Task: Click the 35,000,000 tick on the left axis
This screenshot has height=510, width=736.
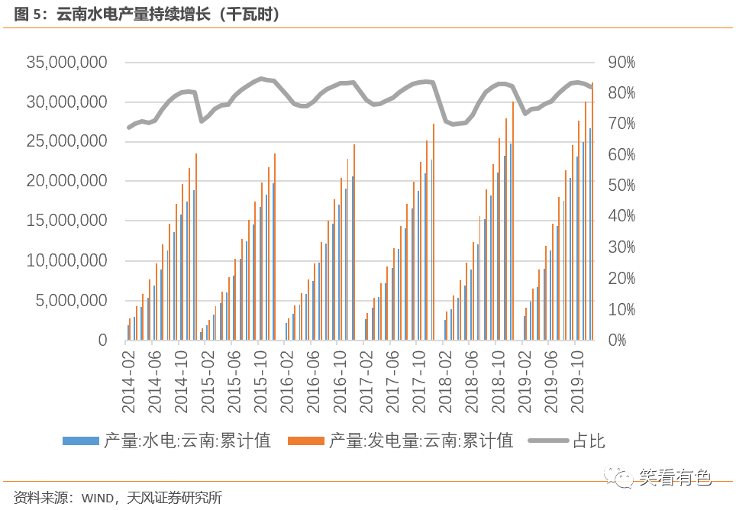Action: [67, 63]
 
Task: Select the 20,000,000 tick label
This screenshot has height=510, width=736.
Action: [67, 182]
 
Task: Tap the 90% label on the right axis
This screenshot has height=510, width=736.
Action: [621, 63]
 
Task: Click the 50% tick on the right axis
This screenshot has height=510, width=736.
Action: [621, 186]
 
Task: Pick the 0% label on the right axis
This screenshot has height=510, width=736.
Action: [617, 341]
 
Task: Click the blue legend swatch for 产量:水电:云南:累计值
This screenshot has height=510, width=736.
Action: [80, 441]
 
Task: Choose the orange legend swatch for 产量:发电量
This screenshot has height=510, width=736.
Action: [305, 441]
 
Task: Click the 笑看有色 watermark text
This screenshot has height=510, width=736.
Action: [675, 477]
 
